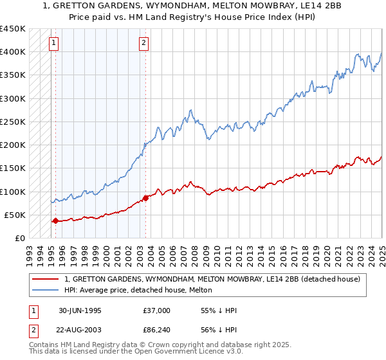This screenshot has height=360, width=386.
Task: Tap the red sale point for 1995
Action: coord(55,221)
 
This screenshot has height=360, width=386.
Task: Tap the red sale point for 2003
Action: coord(145,197)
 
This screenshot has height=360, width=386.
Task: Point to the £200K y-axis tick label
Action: coord(13,145)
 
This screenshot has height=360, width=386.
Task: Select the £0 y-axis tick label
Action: coord(19,238)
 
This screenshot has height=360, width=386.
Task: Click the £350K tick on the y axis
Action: coord(13,75)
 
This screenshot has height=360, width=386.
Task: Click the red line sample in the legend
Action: coord(46,279)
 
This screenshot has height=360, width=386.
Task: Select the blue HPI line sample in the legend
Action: coord(46,290)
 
